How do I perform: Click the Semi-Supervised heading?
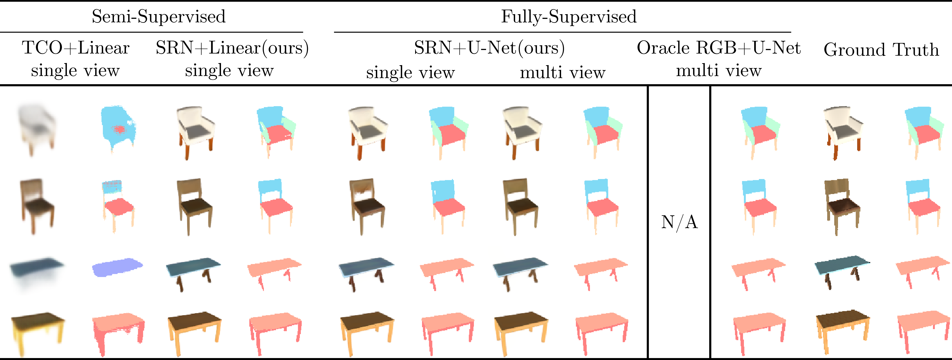(159, 17)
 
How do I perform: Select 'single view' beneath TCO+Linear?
(75, 70)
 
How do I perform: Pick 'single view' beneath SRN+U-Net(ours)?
(410, 72)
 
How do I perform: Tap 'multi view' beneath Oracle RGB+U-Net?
(718, 70)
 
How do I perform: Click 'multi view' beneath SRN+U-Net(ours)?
(563, 72)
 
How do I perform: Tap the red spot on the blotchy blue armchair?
(119, 129)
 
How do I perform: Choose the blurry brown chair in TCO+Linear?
(37, 205)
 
